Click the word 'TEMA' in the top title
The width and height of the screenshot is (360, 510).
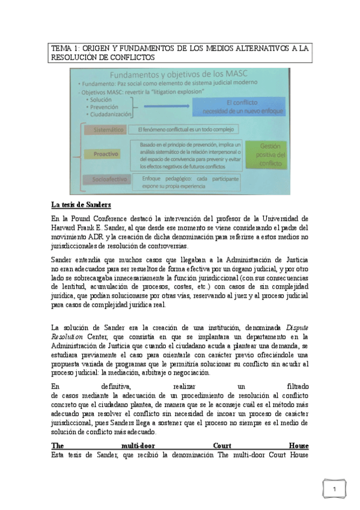[61, 48]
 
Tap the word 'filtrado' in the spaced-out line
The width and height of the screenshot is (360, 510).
[295, 386]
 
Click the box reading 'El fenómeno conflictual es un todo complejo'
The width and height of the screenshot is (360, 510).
[185, 129]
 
